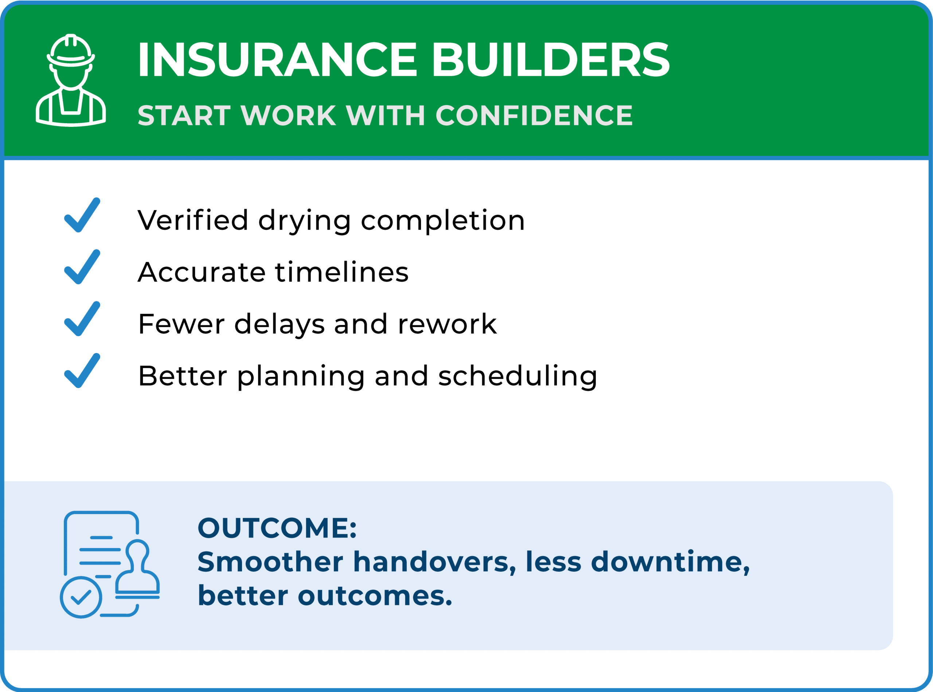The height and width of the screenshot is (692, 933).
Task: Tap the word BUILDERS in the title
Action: coord(551,59)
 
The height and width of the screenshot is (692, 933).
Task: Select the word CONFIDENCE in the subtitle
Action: coord(534,115)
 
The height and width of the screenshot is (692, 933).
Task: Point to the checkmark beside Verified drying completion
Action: coord(82,215)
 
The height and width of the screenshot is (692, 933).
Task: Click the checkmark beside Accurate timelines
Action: coord(82,267)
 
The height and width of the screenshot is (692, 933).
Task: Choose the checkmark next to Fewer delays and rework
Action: coord(82,319)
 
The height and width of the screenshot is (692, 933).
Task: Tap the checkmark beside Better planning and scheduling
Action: coord(82,371)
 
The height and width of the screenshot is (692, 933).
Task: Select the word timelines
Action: coord(342,272)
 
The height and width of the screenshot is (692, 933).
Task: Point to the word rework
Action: coord(448,324)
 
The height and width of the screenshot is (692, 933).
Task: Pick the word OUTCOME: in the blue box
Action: coord(277,528)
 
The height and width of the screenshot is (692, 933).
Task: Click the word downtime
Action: coord(670,563)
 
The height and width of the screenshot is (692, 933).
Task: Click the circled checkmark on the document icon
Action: coord(81,597)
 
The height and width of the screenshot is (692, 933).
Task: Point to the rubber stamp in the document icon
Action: coord(137,569)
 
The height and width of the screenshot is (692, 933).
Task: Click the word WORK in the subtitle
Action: coord(288,115)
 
